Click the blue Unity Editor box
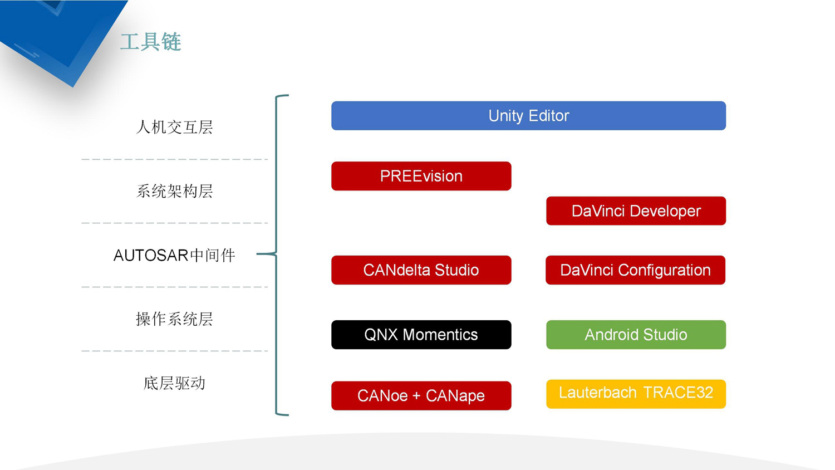(529, 116)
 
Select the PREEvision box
(421, 176)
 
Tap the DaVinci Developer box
(636, 210)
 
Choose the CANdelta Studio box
(421, 270)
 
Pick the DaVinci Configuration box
(636, 270)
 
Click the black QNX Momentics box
(421, 335)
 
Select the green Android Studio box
(636, 335)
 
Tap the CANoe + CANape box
(421, 396)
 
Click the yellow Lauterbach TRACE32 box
(636, 394)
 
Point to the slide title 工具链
(151, 42)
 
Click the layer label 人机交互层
(174, 127)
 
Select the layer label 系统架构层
(174, 192)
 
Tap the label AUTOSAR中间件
(174, 256)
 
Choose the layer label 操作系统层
(174, 319)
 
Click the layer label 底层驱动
(174, 383)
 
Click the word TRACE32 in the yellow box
(678, 393)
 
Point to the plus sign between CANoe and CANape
(417, 396)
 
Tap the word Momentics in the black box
(440, 335)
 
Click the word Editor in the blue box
(549, 116)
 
